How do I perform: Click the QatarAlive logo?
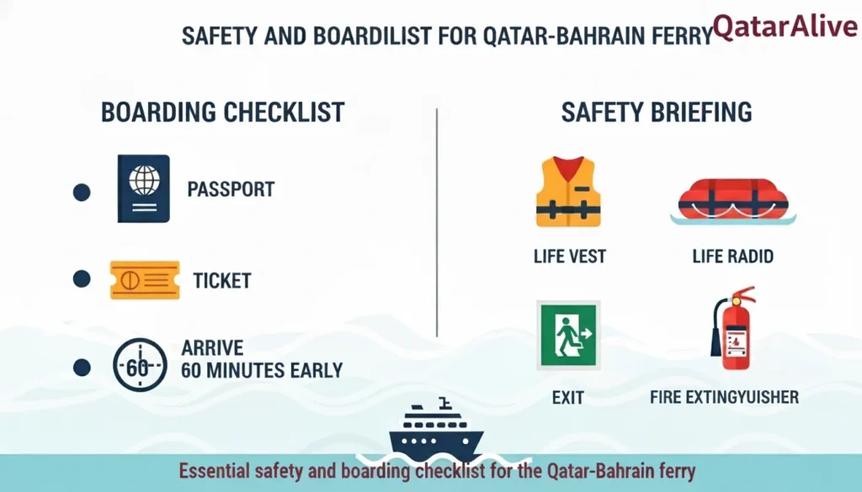[785, 26]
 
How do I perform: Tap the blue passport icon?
[144, 188]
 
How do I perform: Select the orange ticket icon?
[144, 280]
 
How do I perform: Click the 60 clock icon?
[139, 364]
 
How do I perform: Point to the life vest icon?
[568, 193]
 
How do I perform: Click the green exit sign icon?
[568, 335]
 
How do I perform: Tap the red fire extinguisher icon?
[733, 328]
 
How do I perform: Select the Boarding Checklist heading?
[222, 112]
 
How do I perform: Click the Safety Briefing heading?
[656, 112]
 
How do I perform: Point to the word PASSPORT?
[231, 189]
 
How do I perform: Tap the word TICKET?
[221, 280]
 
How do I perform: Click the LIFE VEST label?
[569, 256]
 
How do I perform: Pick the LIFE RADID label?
[732, 256]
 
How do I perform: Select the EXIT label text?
[568, 397]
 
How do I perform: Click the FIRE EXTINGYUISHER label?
[724, 397]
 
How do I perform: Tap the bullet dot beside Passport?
[82, 192]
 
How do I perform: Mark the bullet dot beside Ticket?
[82, 279]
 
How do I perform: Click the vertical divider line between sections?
[437, 222]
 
